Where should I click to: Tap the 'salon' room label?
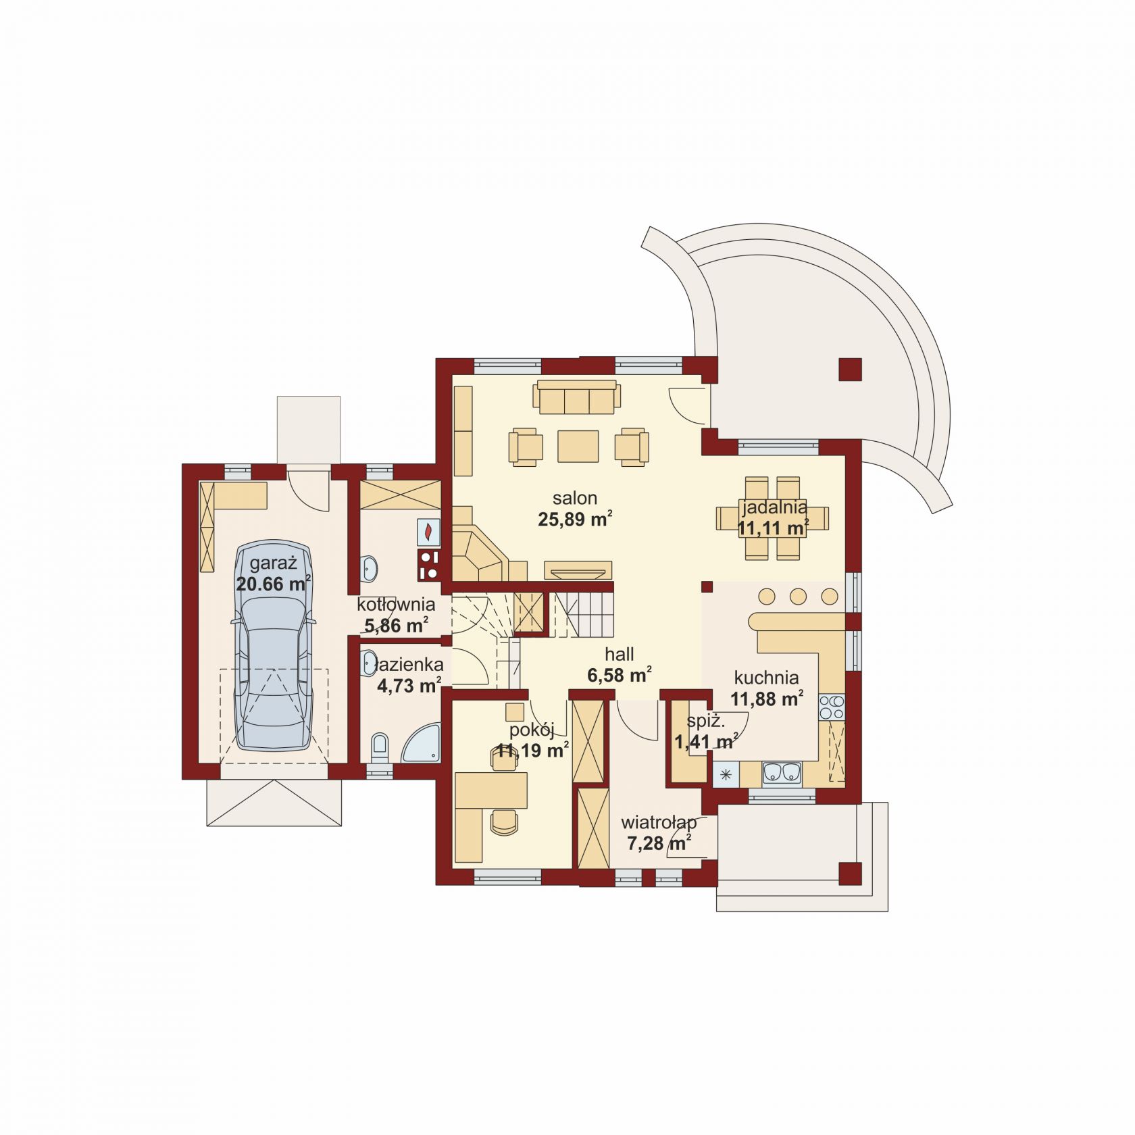click(x=575, y=499)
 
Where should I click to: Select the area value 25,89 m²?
click(x=575, y=519)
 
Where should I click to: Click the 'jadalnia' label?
click(x=774, y=507)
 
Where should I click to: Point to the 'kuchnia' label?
click(x=766, y=677)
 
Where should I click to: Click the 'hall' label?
click(x=620, y=654)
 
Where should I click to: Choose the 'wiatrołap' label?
click(x=659, y=823)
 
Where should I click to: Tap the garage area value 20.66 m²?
click(x=274, y=584)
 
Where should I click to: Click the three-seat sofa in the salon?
click(x=576, y=397)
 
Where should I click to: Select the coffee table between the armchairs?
click(x=578, y=446)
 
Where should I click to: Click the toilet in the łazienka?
click(x=380, y=748)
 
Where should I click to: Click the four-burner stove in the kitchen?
click(x=832, y=707)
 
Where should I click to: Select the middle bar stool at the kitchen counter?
click(x=798, y=597)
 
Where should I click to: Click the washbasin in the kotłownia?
click(x=369, y=568)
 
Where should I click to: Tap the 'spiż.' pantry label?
click(x=706, y=722)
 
